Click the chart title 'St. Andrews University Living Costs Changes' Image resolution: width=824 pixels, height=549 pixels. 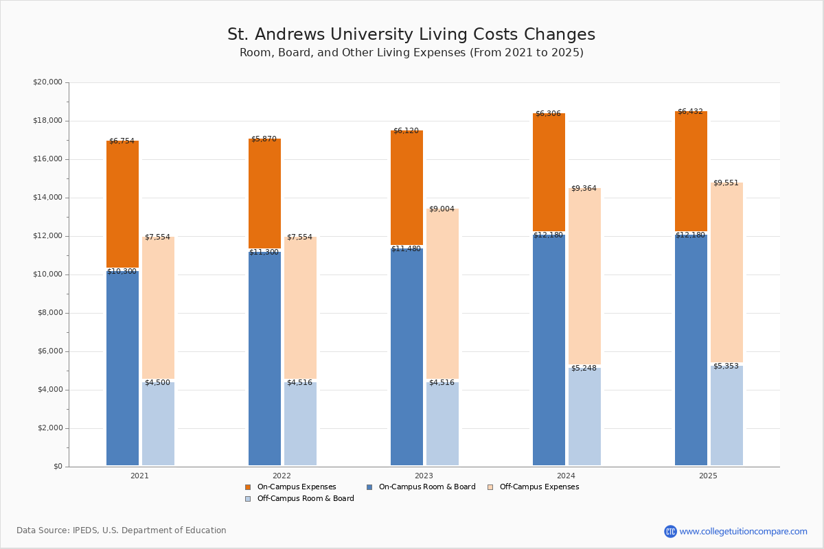[x=411, y=34]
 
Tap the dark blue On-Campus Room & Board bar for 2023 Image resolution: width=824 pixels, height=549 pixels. [x=407, y=357]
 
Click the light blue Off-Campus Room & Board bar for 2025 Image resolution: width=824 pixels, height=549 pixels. [x=726, y=417]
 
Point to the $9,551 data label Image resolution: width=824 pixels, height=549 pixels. [x=726, y=183]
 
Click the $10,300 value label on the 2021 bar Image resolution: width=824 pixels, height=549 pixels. [x=122, y=272]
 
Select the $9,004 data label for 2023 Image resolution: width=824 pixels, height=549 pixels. [x=442, y=209]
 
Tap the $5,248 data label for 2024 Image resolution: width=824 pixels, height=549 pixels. [x=584, y=369]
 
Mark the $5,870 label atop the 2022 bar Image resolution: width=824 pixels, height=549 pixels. [x=264, y=139]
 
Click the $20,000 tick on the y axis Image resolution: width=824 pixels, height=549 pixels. [x=47, y=82]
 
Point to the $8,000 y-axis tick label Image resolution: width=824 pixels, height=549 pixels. [x=49, y=313]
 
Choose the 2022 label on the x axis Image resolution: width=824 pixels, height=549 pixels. [x=282, y=476]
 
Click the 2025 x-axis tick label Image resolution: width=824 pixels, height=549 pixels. [x=708, y=476]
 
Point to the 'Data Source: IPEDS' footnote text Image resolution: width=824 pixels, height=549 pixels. [x=122, y=530]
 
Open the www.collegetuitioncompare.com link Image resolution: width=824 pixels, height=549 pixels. [x=743, y=531]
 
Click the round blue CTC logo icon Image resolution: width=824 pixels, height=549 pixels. [x=670, y=531]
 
